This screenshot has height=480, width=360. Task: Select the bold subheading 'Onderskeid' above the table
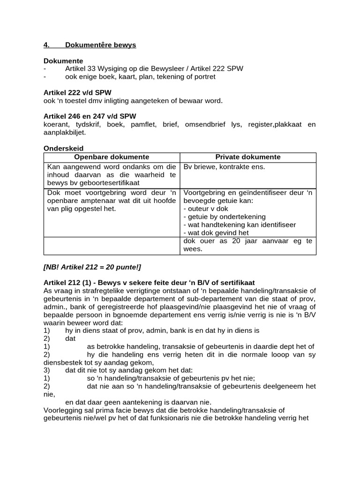pos(63,148)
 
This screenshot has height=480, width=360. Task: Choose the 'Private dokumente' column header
pos(247,157)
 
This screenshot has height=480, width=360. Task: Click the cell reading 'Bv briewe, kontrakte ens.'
pos(224,166)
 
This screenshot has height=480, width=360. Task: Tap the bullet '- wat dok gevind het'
pos(216,232)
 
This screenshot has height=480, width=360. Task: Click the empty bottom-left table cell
pos(112,246)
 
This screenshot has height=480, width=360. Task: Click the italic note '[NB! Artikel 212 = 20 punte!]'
pos(92,267)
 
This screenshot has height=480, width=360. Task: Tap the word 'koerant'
pos(56,124)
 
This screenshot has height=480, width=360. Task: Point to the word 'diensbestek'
pos(63,362)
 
